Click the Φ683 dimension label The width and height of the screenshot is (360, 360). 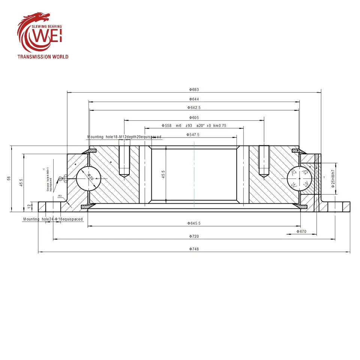pos(194,89)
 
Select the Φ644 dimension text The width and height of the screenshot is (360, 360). pos(194,99)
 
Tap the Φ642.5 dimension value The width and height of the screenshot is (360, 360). pos(194,108)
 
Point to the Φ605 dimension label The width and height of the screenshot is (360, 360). pos(194,118)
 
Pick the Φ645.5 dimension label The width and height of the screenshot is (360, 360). pos(194,223)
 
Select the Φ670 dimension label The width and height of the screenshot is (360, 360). pos(301,232)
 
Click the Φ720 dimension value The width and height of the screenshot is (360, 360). pos(194,236)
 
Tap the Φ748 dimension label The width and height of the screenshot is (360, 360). pos(194,249)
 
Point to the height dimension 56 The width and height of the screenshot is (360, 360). pos(9,178)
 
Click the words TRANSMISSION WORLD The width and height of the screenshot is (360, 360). pos(43,57)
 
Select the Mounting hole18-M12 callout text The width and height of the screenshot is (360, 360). pos(124,137)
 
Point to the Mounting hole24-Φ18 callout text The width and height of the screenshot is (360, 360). pos(52,219)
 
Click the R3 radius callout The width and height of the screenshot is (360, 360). pos(60,196)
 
